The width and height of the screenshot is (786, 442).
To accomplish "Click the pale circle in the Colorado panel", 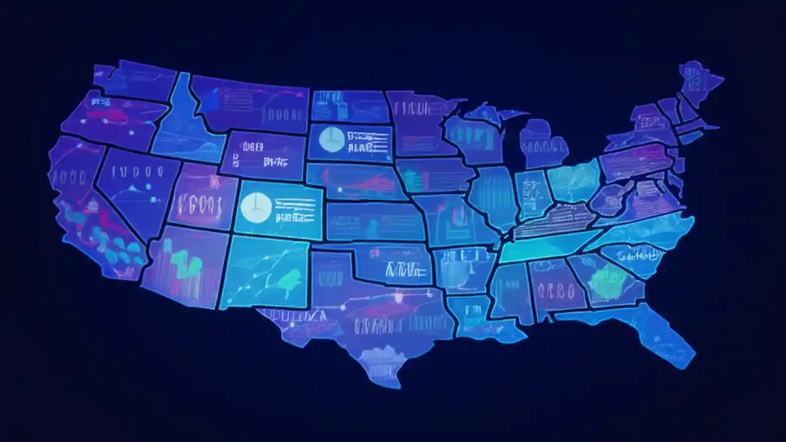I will tap(254, 207).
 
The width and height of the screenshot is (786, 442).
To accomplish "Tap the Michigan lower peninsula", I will tap(543, 144).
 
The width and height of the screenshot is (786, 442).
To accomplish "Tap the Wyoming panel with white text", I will tap(264, 153).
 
